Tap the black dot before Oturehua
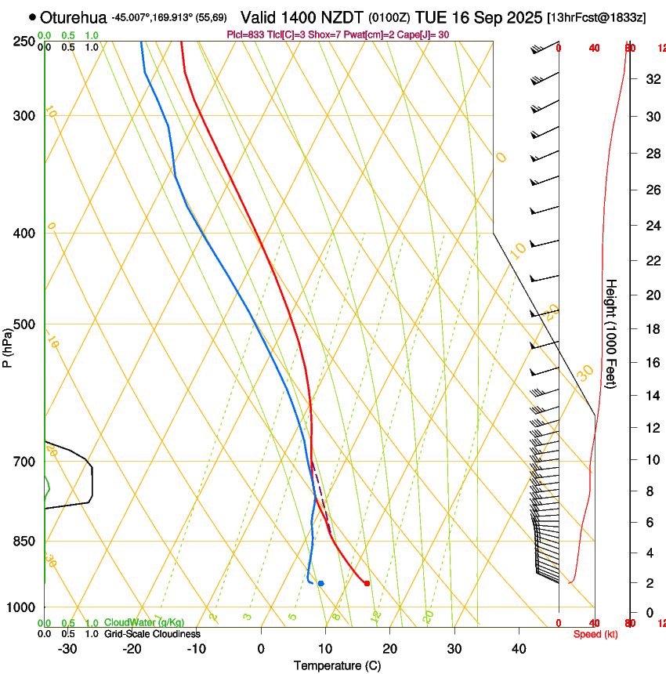point(32,16)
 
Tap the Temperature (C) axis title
point(337,665)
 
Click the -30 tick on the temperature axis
point(67,648)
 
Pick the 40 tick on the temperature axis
point(519,648)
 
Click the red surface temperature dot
point(367,583)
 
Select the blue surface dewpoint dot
point(320,583)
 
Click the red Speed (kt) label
point(595,634)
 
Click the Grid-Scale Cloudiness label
point(151,634)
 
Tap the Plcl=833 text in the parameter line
point(244,34)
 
